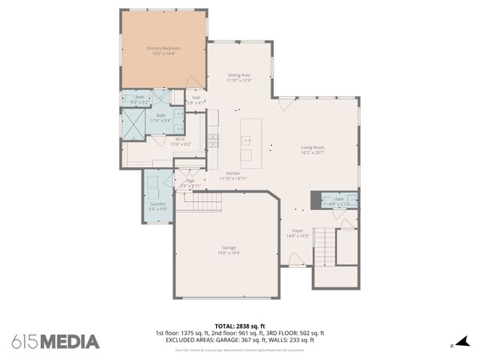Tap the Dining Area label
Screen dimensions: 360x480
(x=239, y=75)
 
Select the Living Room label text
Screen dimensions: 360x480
(x=312, y=148)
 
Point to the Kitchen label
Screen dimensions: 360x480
(x=233, y=173)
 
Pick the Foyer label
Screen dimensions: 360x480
(x=298, y=231)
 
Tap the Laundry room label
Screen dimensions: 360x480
(x=157, y=204)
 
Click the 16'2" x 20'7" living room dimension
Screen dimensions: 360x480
(x=312, y=154)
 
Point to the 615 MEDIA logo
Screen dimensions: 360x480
(x=55, y=342)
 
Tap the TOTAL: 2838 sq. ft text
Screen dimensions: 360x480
(x=239, y=326)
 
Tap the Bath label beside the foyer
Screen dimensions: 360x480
(x=339, y=199)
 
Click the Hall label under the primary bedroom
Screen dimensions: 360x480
(x=196, y=97)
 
